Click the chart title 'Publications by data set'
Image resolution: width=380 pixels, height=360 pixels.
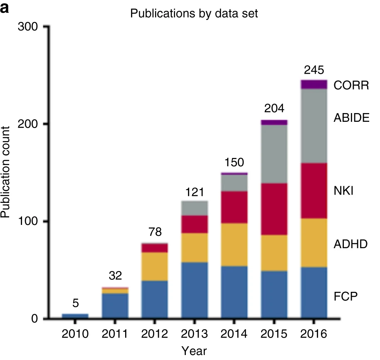pyautogui.click(x=194, y=14)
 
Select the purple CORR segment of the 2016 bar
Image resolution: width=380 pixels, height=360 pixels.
pyautogui.click(x=314, y=84)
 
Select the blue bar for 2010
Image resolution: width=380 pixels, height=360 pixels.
pyautogui.click(x=75, y=316)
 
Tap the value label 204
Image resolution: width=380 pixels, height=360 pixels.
pyautogui.click(x=274, y=109)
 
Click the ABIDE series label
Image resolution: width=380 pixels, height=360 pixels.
pyautogui.click(x=351, y=118)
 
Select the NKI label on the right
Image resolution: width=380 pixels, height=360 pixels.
pyautogui.click(x=343, y=192)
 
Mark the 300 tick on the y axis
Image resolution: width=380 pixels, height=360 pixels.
pyautogui.click(x=29, y=27)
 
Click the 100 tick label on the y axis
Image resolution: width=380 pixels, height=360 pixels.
pyautogui.click(x=29, y=222)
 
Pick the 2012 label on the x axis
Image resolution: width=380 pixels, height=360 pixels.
pyautogui.click(x=155, y=334)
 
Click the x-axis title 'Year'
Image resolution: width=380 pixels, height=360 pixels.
pyautogui.click(x=194, y=351)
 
